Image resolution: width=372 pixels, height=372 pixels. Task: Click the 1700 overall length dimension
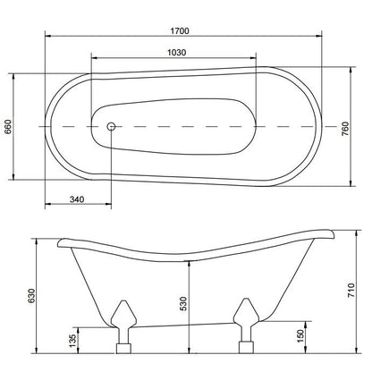tap(180, 30)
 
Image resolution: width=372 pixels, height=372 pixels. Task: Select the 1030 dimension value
tap(176, 53)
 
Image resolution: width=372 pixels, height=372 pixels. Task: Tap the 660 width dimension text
tap(7, 127)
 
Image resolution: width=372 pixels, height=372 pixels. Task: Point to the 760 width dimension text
tap(344, 129)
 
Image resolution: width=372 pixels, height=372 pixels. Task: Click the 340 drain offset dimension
tap(77, 199)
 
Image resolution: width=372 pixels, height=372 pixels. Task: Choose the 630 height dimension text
tap(31, 296)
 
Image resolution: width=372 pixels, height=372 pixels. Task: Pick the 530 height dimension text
tap(184, 304)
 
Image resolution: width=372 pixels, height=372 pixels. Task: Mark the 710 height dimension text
tap(351, 290)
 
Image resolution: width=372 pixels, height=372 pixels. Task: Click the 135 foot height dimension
tap(72, 341)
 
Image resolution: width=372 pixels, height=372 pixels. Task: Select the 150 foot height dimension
tap(300, 336)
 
